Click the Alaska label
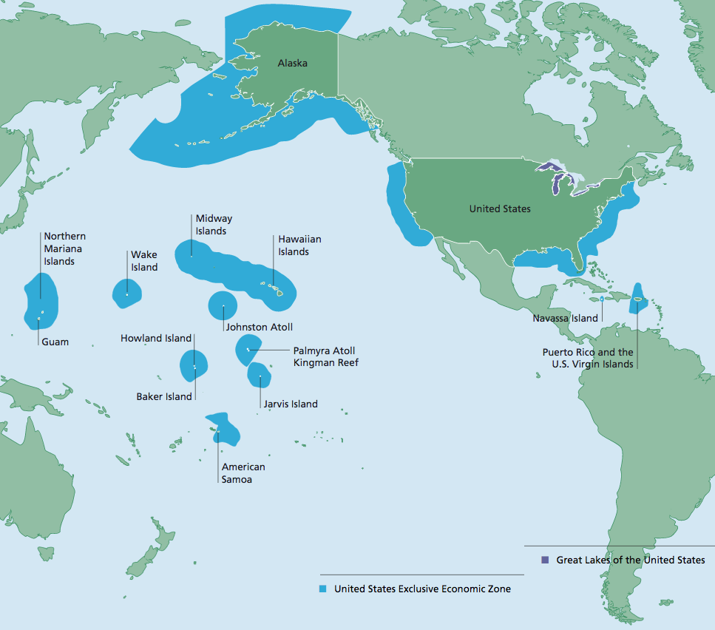(292, 64)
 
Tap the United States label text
(500, 209)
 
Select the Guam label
(55, 342)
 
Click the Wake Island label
(144, 261)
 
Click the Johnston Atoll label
(260, 327)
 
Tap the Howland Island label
(156, 339)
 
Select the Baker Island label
(164, 397)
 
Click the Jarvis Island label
(291, 404)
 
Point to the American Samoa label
(243, 473)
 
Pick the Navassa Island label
(565, 319)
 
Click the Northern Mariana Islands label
(64, 249)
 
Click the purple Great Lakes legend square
(546, 560)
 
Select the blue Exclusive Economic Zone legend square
(323, 589)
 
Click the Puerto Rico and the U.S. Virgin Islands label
(589, 358)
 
